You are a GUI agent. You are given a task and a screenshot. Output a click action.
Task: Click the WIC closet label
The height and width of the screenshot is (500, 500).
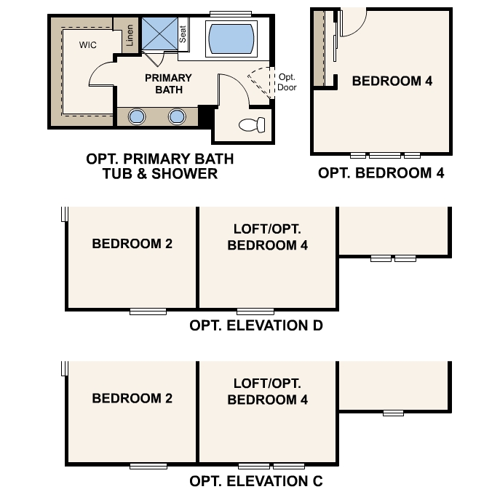tap(89, 44)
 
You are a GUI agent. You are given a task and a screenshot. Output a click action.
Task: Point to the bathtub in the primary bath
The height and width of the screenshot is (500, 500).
tap(232, 39)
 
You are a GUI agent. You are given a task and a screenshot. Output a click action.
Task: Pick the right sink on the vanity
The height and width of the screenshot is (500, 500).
tap(177, 116)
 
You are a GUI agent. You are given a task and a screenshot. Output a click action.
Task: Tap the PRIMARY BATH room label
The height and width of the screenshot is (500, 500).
tap(168, 84)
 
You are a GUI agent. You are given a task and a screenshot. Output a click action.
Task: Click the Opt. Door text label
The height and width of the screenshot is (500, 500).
tap(286, 82)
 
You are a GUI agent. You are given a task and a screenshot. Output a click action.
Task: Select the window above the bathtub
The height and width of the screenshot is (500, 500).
tap(232, 14)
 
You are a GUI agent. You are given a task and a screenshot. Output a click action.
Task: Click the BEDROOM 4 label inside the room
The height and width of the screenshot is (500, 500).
tap(392, 81)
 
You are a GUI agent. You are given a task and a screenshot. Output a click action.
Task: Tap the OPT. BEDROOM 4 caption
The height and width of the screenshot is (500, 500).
tap(381, 173)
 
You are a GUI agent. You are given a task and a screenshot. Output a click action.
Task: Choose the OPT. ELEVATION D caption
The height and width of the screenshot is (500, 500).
tap(256, 325)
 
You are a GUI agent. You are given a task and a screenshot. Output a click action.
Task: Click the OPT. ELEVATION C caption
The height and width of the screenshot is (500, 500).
tap(256, 481)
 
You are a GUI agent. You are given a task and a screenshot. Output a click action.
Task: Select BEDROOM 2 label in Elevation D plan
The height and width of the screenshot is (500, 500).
tap(132, 244)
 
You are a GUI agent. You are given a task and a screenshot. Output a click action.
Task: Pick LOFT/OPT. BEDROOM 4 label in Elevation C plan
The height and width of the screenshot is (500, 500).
tap(267, 392)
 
